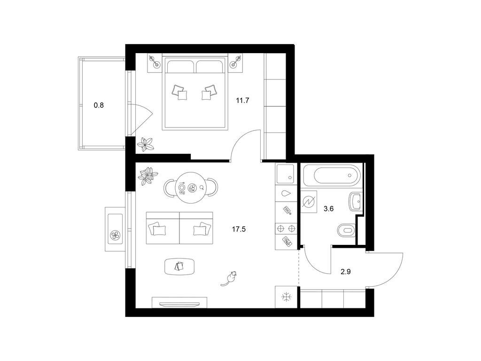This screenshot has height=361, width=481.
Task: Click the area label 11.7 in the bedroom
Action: [x=242, y=100]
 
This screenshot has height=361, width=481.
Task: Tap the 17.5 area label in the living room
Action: [x=239, y=229]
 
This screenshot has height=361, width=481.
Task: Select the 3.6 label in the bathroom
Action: [x=328, y=209]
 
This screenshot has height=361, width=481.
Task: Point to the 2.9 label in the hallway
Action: [x=345, y=272]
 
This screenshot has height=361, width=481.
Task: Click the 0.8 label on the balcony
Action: [x=99, y=105]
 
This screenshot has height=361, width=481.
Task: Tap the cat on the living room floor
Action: [x=229, y=278]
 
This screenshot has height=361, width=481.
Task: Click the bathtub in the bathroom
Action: [x=332, y=175]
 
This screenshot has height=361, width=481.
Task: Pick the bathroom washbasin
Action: [x=355, y=202]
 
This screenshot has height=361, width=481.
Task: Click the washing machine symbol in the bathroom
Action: [x=309, y=202]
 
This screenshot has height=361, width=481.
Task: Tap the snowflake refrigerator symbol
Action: [x=287, y=297]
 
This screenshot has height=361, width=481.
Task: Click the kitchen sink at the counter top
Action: [x=286, y=174]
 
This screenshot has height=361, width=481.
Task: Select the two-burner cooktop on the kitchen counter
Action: [x=286, y=228]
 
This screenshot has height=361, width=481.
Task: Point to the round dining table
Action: [x=192, y=188]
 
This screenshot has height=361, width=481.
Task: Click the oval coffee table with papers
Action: [x=180, y=267]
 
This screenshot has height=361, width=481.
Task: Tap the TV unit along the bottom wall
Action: [x=179, y=302]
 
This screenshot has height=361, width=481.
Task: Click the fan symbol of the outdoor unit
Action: [x=116, y=235]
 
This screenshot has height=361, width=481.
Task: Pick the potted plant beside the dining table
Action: [x=148, y=176]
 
